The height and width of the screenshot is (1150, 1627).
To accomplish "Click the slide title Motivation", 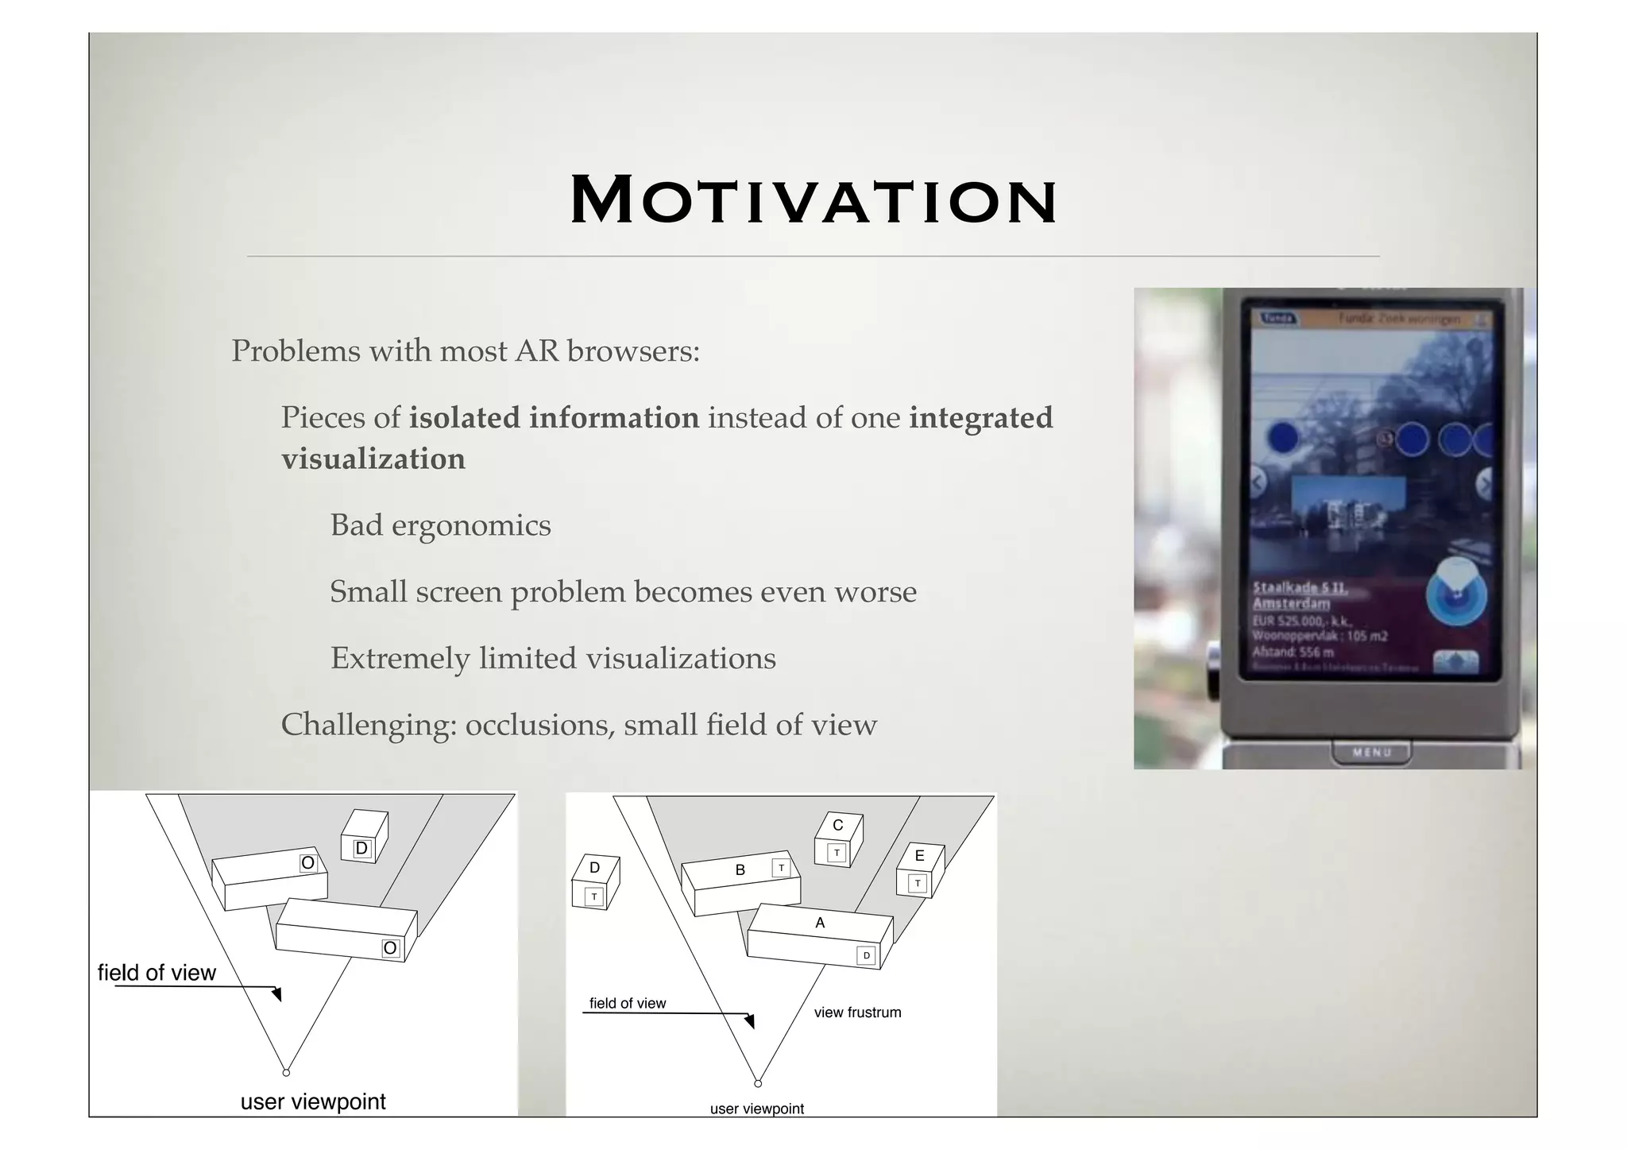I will point(813,200).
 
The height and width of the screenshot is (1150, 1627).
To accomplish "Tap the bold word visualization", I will point(373,459).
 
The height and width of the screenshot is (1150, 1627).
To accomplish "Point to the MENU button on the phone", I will point(1371,752).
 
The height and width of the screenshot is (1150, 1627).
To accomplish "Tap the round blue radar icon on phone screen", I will point(1456,594).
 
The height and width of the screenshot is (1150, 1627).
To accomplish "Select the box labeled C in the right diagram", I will point(838,840).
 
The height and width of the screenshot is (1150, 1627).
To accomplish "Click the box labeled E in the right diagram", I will point(920,871).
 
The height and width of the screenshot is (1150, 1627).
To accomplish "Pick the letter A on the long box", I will point(820,923).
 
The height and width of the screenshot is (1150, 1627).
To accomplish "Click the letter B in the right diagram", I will point(740,870).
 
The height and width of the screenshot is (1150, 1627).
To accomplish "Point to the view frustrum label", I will point(857,1013).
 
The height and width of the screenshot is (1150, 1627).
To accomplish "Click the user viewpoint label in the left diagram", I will point(313,1102).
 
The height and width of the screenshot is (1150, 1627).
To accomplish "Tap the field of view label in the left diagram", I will point(157,973).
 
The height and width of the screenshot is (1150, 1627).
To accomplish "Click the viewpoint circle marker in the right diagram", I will point(758,1083).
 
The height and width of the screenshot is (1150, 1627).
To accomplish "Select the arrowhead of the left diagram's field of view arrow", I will point(277,994).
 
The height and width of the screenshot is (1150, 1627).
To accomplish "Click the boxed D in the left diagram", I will point(361,849).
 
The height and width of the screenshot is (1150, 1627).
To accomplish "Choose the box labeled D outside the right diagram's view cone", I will point(595,882).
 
